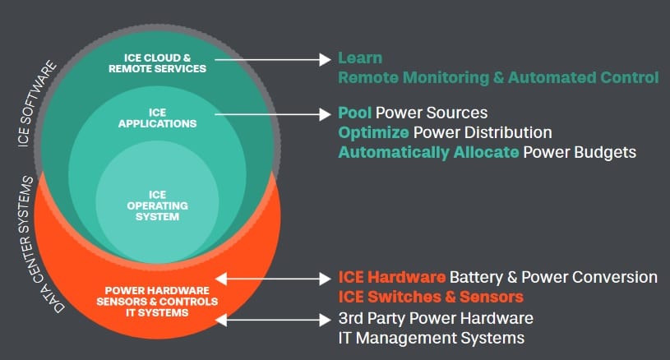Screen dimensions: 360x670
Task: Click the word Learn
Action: pos(360,58)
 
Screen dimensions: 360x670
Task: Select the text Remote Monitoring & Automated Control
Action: pos(498,78)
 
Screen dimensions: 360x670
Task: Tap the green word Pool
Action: pos(355,113)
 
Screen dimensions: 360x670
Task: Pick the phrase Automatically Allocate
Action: pos(428,152)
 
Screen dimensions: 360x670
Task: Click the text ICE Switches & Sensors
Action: pos(432,297)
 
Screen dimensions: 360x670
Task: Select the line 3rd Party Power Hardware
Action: pos(436,317)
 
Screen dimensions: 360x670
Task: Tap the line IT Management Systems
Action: pos(432,337)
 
